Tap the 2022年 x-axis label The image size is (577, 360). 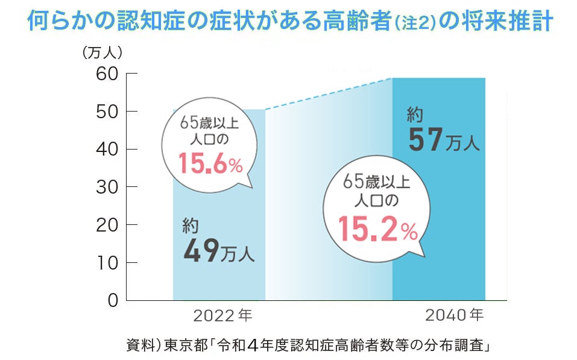[222, 315]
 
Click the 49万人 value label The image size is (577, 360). [218, 250]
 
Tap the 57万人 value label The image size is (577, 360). [443, 140]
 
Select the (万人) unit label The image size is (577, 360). [102, 52]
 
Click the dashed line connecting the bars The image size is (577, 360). [329, 93]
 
